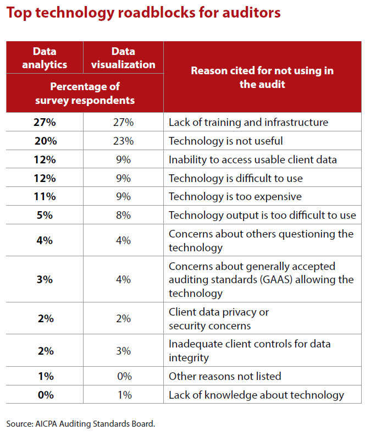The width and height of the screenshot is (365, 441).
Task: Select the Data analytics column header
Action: point(45,58)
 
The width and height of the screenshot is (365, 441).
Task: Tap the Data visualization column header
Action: point(123,58)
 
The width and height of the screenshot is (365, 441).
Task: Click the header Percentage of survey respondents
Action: point(85,93)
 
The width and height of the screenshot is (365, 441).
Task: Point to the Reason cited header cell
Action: point(262,78)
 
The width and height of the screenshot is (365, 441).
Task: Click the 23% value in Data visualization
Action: point(123,141)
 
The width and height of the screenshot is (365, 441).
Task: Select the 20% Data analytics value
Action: point(45,141)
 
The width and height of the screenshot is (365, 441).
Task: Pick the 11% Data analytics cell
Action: point(45,197)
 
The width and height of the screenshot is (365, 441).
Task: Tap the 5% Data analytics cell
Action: point(45,216)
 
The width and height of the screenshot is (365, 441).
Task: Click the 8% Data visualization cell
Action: point(123,216)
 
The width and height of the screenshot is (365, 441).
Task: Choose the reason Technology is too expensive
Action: point(235,197)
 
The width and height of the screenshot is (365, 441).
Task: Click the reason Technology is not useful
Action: point(225,141)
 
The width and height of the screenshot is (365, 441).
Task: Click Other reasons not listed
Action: point(225,376)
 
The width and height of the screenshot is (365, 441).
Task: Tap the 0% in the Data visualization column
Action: point(123,376)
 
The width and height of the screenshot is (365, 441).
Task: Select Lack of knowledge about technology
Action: point(256,395)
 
